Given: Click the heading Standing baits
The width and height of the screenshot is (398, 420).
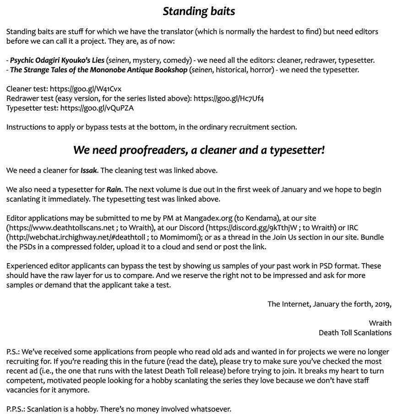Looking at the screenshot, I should pyautogui.click(x=199, y=11).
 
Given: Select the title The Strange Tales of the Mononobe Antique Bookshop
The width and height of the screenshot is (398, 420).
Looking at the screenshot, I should pyautogui.click(x=98, y=70).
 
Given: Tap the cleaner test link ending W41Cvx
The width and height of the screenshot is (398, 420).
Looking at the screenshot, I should pyautogui.click(x=86, y=89).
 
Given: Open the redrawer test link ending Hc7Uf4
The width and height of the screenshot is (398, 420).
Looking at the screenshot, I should pyautogui.click(x=229, y=98).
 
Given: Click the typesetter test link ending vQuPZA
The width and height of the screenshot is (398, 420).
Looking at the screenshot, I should pyautogui.click(x=97, y=108).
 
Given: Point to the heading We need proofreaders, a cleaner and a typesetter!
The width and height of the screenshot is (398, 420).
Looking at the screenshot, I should pyautogui.click(x=199, y=150).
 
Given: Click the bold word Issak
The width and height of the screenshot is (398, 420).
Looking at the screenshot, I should pyautogui.click(x=89, y=171).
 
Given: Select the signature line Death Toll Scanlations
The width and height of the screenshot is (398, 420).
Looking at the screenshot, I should pyautogui.click(x=355, y=333).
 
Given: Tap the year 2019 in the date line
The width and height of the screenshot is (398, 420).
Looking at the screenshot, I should pyautogui.click(x=382, y=304).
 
